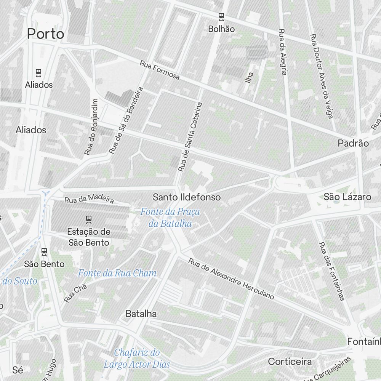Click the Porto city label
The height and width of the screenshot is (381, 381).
pos(45,34)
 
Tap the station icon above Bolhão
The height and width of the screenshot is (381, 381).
pos(221,16)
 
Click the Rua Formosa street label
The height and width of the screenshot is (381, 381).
pos(160,70)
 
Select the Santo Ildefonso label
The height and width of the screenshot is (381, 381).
pos(187,197)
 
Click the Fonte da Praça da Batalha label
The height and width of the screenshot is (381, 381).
pos(170,218)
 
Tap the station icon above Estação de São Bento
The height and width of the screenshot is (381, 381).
pos(89,219)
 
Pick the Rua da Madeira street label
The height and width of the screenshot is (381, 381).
pos(89,199)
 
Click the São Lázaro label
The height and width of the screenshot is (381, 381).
pos(347,197)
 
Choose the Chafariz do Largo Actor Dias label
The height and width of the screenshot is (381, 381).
pos(137,358)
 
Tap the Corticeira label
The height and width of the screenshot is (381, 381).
pos(290,361)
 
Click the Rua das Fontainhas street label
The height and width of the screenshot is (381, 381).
pos(331,271)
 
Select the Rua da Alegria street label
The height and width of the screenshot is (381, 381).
pos(282,52)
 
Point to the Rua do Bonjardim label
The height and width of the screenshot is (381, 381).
pos(91,127)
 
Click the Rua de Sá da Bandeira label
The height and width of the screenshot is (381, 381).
pos(125,120)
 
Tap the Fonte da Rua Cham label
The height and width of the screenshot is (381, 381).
pos(117,273)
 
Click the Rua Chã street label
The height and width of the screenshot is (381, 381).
pos(75,293)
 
